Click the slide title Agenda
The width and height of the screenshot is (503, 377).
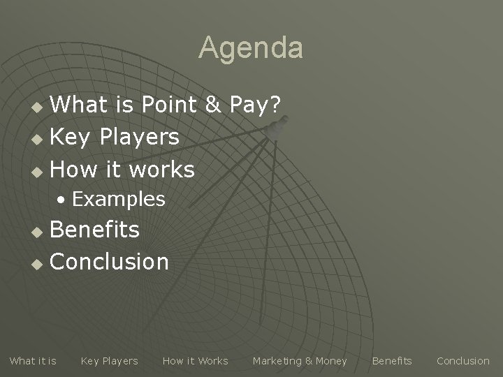point(251,48)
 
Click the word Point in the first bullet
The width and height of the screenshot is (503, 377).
point(170,105)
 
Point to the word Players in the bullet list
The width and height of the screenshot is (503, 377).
point(140,138)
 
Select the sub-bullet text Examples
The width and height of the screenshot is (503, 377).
point(118,200)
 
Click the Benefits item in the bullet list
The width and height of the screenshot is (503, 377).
point(95,230)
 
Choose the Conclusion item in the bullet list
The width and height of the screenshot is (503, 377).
point(110,262)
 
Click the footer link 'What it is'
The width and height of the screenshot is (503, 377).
point(33,361)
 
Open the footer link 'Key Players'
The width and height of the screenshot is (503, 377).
point(109,361)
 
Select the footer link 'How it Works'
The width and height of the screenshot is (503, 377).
point(195,361)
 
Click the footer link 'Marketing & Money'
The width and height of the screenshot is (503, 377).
point(300,361)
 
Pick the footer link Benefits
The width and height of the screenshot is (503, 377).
point(392,361)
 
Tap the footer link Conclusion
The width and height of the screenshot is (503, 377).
point(462,361)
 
